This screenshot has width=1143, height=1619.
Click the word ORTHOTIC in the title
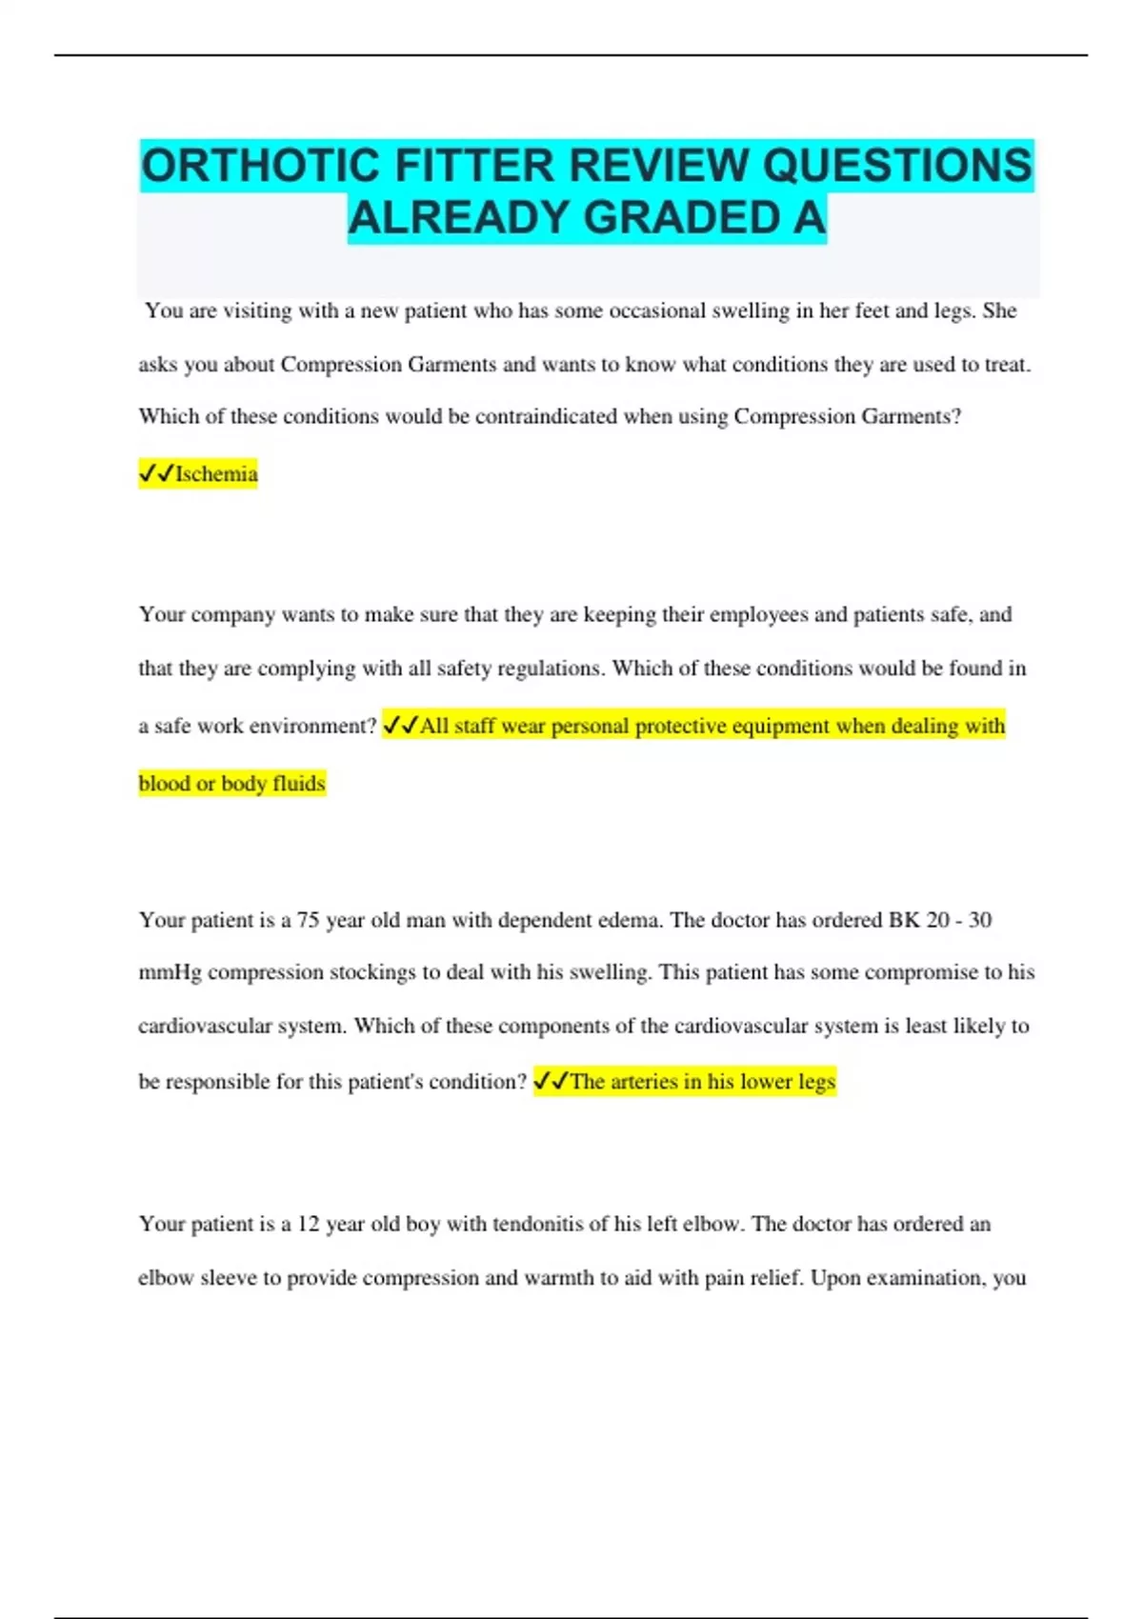(x=260, y=166)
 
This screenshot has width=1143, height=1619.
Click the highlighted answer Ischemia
(x=216, y=474)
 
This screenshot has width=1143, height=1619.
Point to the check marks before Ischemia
(x=156, y=473)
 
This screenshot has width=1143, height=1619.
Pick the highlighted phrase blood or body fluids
(x=232, y=784)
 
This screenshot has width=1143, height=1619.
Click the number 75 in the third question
(x=308, y=920)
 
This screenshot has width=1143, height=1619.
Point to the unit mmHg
(x=170, y=972)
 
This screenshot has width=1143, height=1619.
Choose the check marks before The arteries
(x=551, y=1081)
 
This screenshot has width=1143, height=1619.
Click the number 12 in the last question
(x=309, y=1224)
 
